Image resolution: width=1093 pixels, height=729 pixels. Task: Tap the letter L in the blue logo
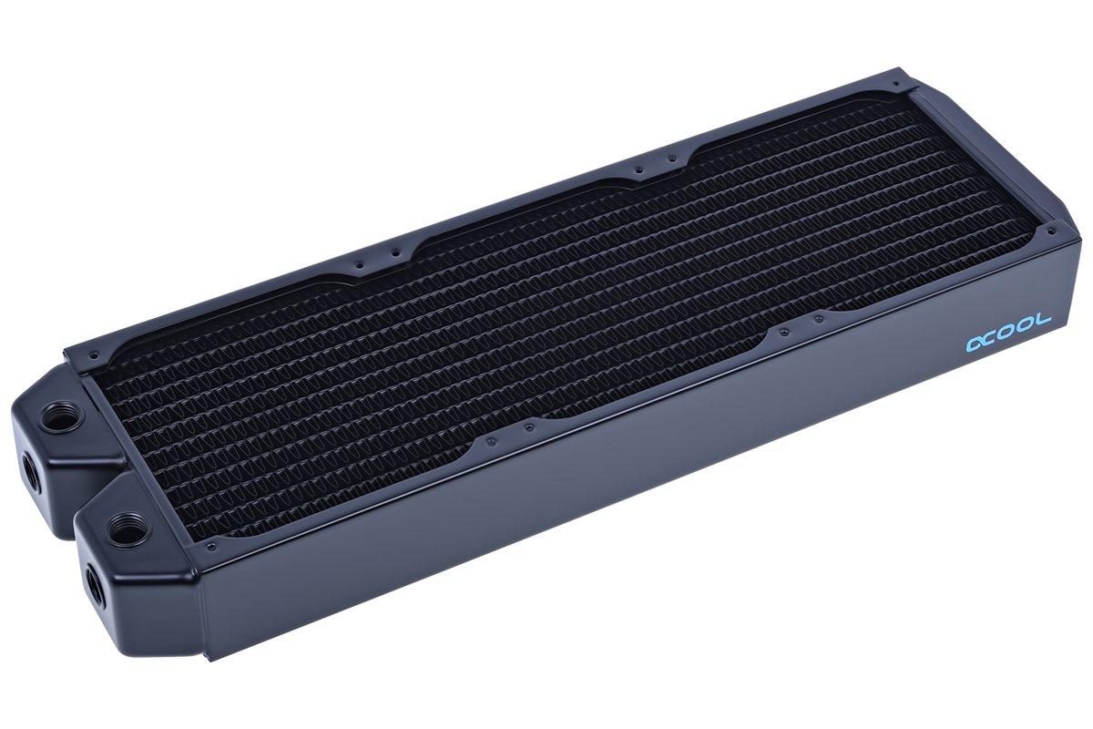pyautogui.click(x=1045, y=319)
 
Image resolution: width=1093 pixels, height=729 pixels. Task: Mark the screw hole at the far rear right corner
pyautogui.click(x=902, y=88)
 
